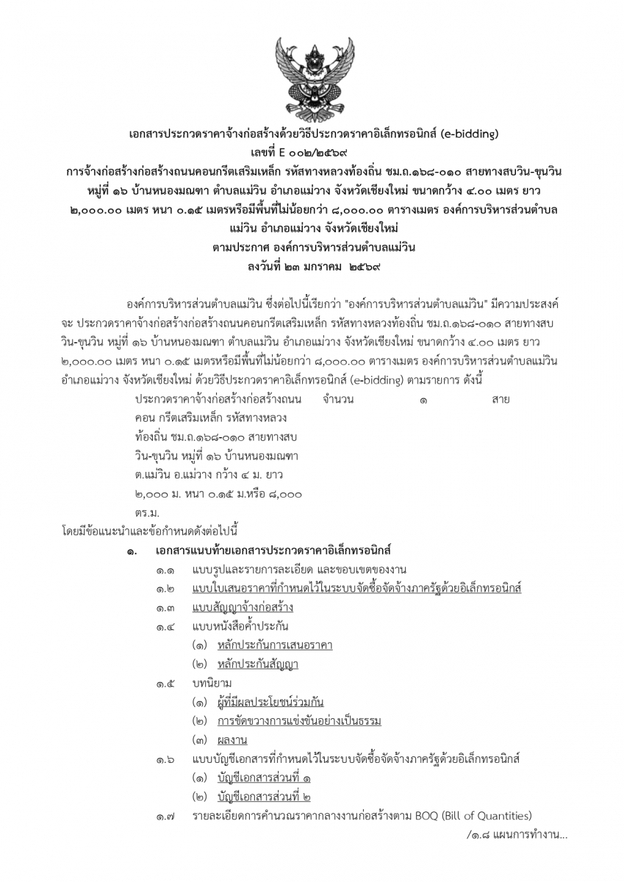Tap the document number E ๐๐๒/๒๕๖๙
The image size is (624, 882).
312,152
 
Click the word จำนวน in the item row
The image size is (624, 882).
338,400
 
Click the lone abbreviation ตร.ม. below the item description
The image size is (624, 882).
147,511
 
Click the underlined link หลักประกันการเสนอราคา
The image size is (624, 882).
275,645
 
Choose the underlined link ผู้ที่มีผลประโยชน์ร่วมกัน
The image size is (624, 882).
270,702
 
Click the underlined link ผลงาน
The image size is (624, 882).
232,740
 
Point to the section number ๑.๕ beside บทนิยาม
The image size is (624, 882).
165,684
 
